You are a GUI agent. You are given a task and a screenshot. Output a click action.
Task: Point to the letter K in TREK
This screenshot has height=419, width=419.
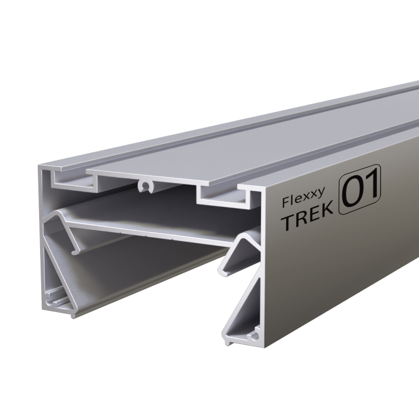click(327, 213)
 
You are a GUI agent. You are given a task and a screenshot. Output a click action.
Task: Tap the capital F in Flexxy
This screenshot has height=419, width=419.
click(286, 202)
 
